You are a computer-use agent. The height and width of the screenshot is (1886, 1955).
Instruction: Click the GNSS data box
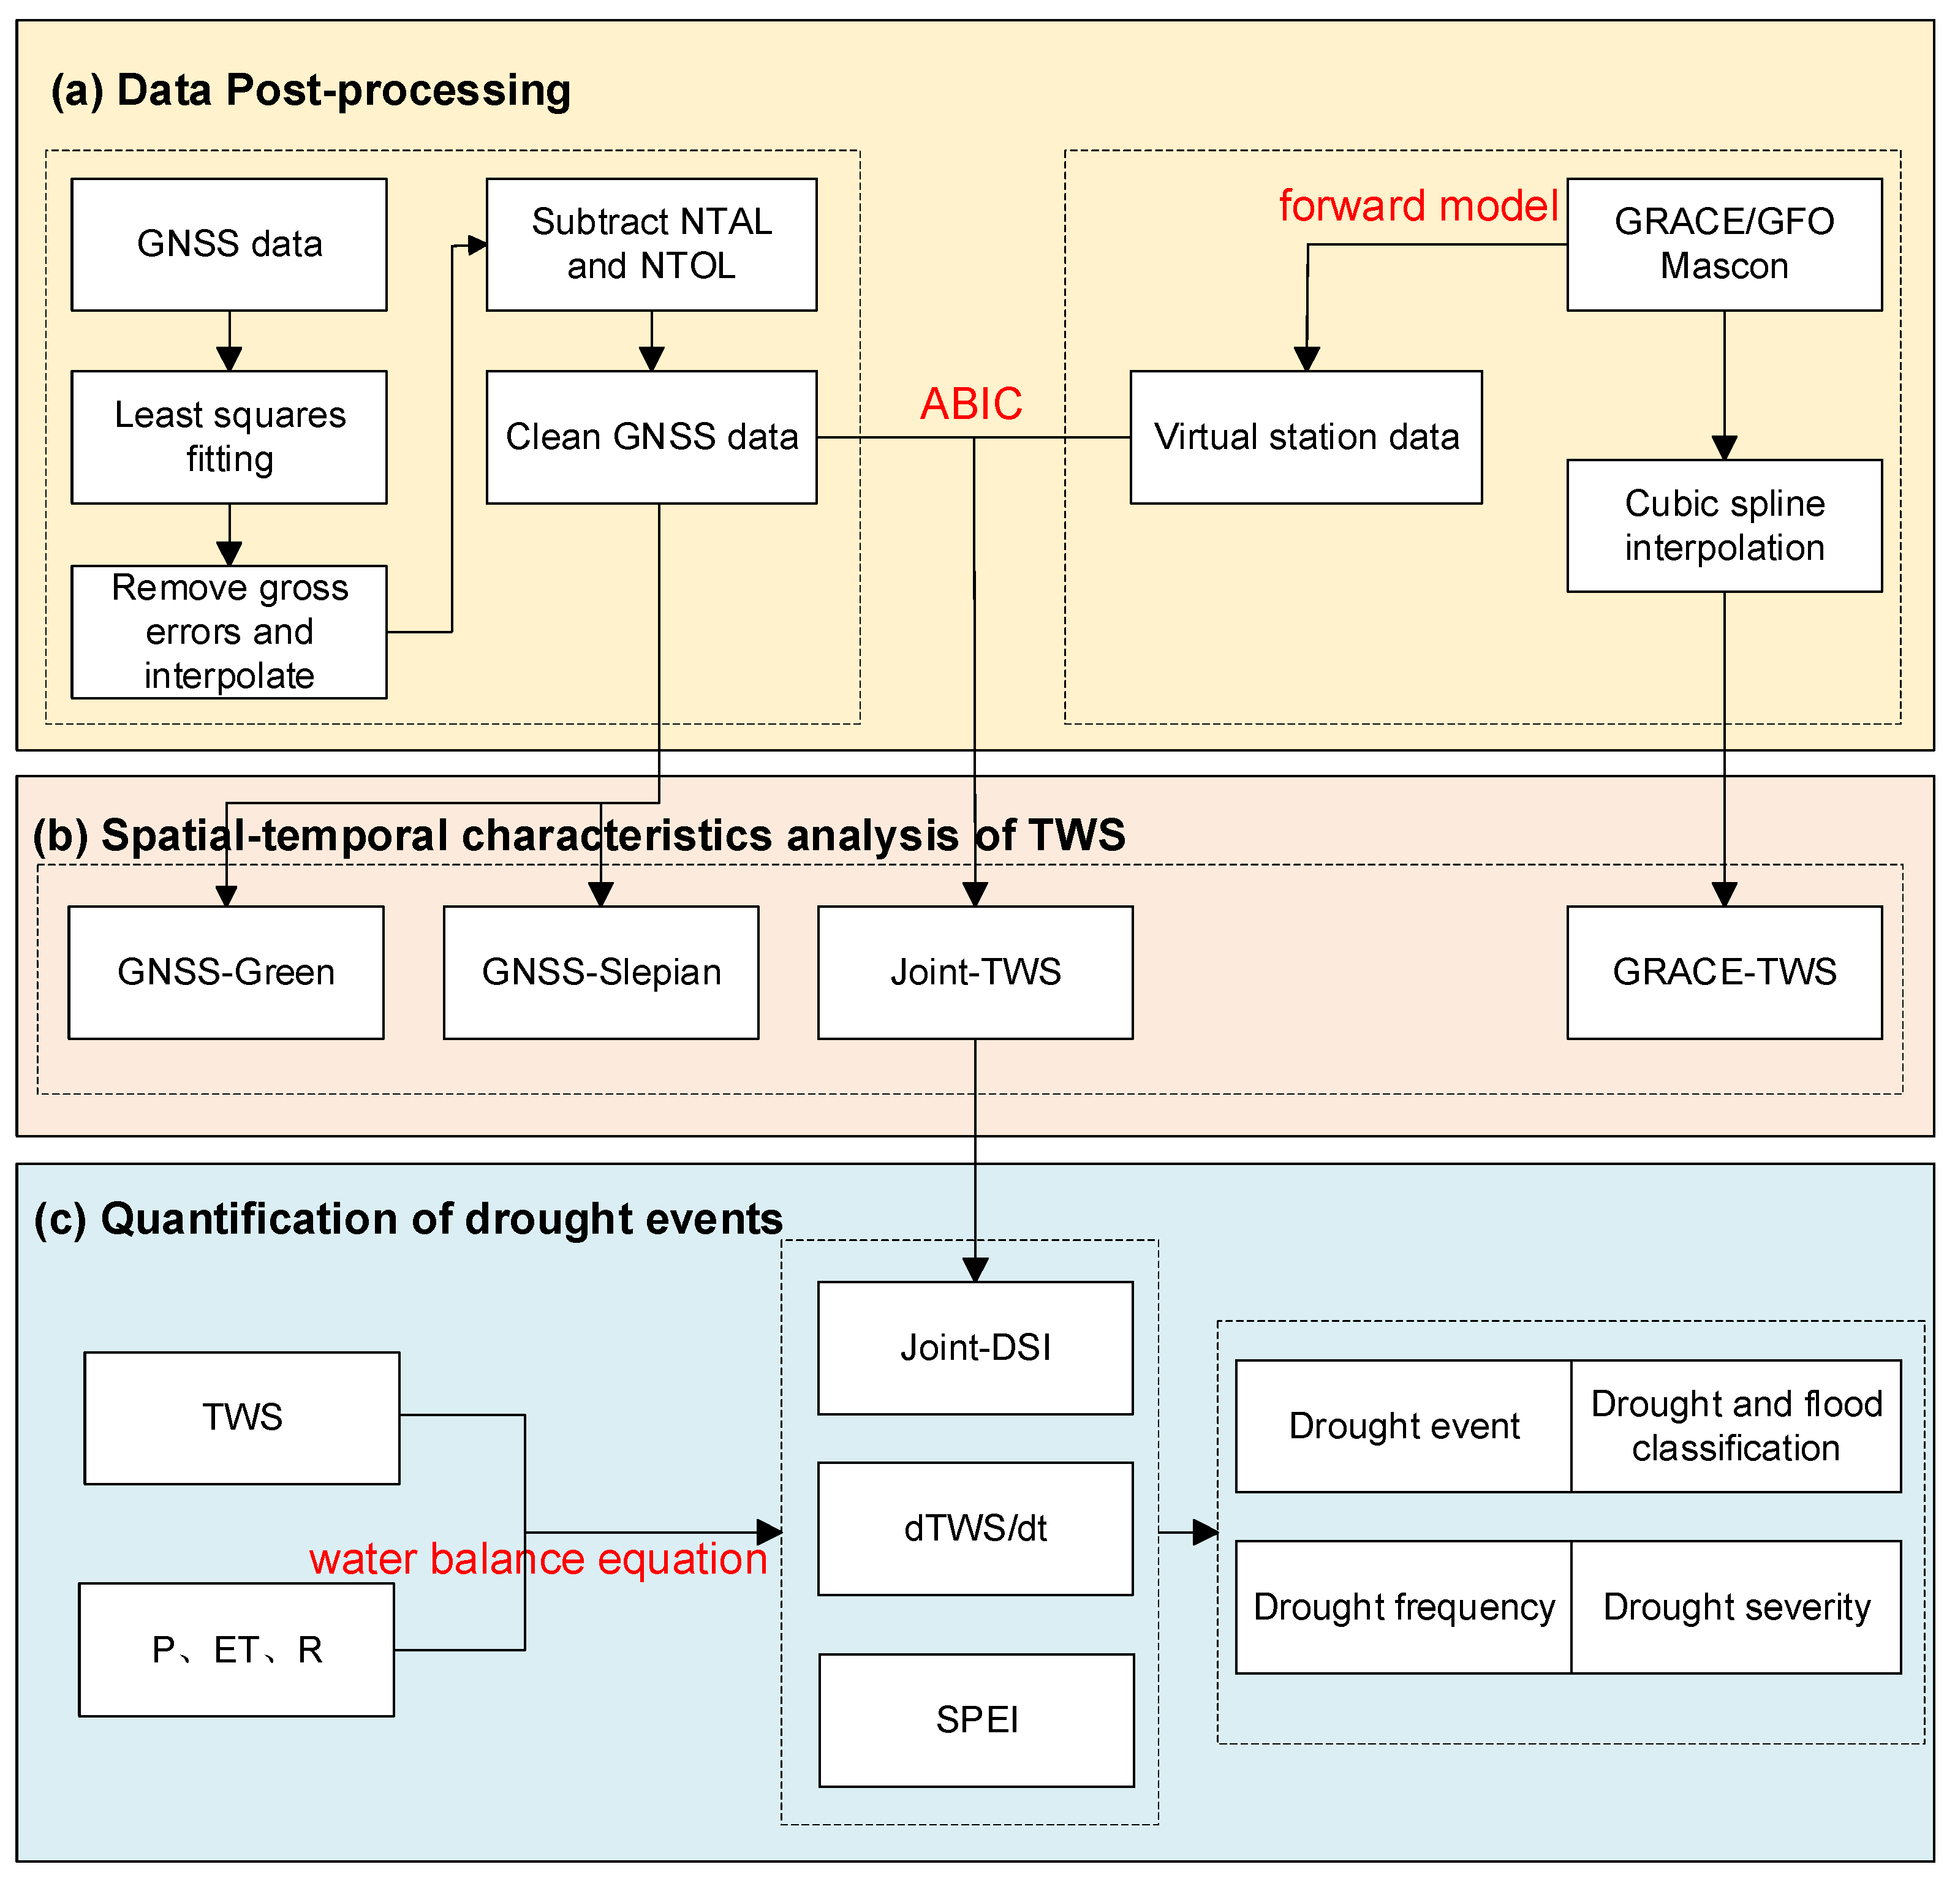pyautogui.click(x=229, y=244)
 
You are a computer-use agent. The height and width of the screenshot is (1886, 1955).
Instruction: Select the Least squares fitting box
pyautogui.click(x=229, y=437)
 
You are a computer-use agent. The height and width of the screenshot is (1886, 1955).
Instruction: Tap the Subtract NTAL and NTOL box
pyautogui.click(x=651, y=244)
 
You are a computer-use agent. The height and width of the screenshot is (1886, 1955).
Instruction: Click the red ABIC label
pyautogui.click(x=970, y=404)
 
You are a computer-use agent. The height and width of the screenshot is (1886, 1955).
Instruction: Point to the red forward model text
pyautogui.click(x=1417, y=206)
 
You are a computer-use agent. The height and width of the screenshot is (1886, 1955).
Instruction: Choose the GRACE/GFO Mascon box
pyautogui.click(x=1723, y=244)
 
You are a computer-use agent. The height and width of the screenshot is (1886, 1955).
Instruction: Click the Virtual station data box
pyautogui.click(x=1305, y=437)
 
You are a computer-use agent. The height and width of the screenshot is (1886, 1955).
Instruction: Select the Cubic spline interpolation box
pyautogui.click(x=1723, y=526)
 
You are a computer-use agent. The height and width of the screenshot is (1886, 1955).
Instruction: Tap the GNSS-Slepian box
pyautogui.click(x=600, y=973)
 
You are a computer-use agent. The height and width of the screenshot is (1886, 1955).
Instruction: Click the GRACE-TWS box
pyautogui.click(x=1723, y=973)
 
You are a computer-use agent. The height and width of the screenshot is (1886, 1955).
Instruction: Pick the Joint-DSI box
pyautogui.click(x=975, y=1348)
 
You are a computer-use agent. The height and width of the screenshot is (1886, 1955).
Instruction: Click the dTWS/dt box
pyautogui.click(x=975, y=1528)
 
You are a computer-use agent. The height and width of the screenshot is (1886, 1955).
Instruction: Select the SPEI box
pyautogui.click(x=975, y=1719)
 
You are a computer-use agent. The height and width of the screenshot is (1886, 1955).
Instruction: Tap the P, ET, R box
pyautogui.click(x=236, y=1650)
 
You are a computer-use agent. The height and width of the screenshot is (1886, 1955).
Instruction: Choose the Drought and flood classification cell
pyautogui.click(x=1736, y=1426)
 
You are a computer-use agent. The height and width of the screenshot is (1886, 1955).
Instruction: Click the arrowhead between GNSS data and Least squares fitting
pyautogui.click(x=229, y=359)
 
